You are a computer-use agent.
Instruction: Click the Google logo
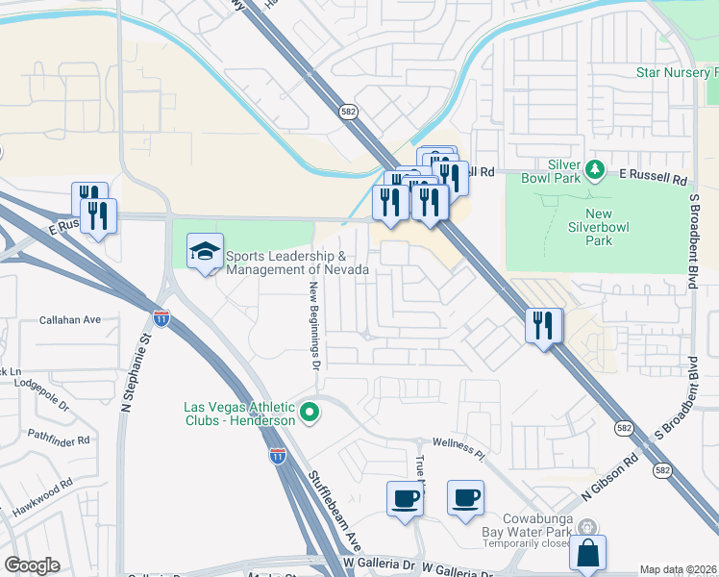32,565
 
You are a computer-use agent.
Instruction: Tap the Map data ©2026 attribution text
679,569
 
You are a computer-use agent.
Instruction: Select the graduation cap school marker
205,252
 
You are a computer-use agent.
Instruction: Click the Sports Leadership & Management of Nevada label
297,263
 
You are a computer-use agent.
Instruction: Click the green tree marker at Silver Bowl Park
596,170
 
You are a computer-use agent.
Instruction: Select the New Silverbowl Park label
600,227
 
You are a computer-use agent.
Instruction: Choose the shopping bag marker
587,554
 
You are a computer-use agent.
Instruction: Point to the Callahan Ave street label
70,319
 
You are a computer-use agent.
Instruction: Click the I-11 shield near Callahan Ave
161,317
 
